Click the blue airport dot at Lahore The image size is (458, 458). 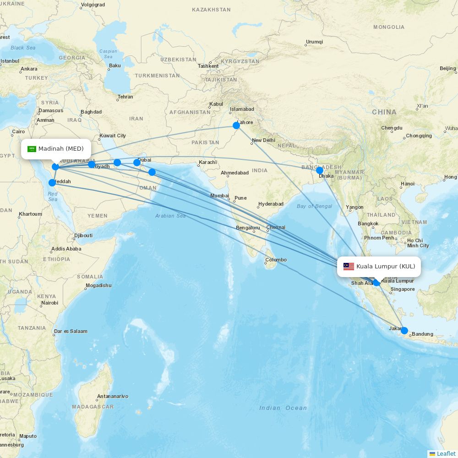coord(236,125)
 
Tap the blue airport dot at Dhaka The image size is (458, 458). coord(320,170)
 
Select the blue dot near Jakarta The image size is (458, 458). coord(404,330)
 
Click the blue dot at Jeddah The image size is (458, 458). coord(52,183)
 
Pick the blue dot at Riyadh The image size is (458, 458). coord(92,164)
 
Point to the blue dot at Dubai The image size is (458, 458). coord(137,162)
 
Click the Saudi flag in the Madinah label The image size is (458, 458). coord(32,149)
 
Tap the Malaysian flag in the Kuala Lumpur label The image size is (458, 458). coord(349,267)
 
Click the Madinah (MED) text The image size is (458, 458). coord(61,149)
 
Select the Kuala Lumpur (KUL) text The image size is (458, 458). coord(386,267)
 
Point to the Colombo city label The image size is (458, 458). coord(276,260)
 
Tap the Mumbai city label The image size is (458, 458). coord(219,196)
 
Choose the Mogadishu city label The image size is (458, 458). coord(98,285)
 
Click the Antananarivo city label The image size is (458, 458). coord(113,396)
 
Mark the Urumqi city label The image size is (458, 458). coord(314,42)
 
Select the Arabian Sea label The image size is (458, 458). coord(170,216)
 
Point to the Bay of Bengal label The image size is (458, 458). coord(314,206)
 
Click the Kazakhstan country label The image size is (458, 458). coord(211,10)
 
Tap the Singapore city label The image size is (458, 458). coord(403,289)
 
